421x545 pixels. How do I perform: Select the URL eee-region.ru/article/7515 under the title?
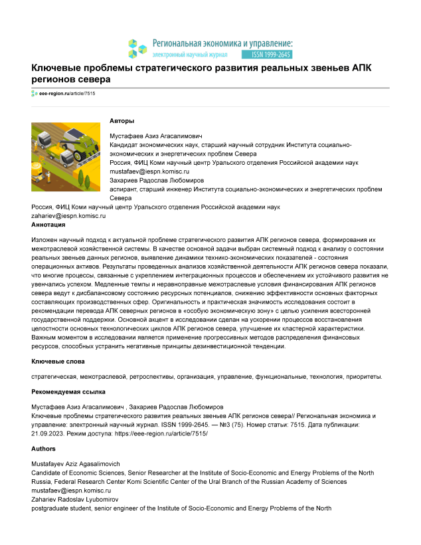66,94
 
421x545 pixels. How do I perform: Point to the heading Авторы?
122,121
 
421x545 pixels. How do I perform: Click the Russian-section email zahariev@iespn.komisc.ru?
69,216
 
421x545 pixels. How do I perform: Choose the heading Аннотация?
48,225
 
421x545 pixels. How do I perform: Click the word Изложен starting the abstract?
45,238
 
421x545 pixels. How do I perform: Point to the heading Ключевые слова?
58,361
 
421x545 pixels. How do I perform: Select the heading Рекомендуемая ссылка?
68,392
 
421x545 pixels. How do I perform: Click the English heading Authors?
44,449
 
